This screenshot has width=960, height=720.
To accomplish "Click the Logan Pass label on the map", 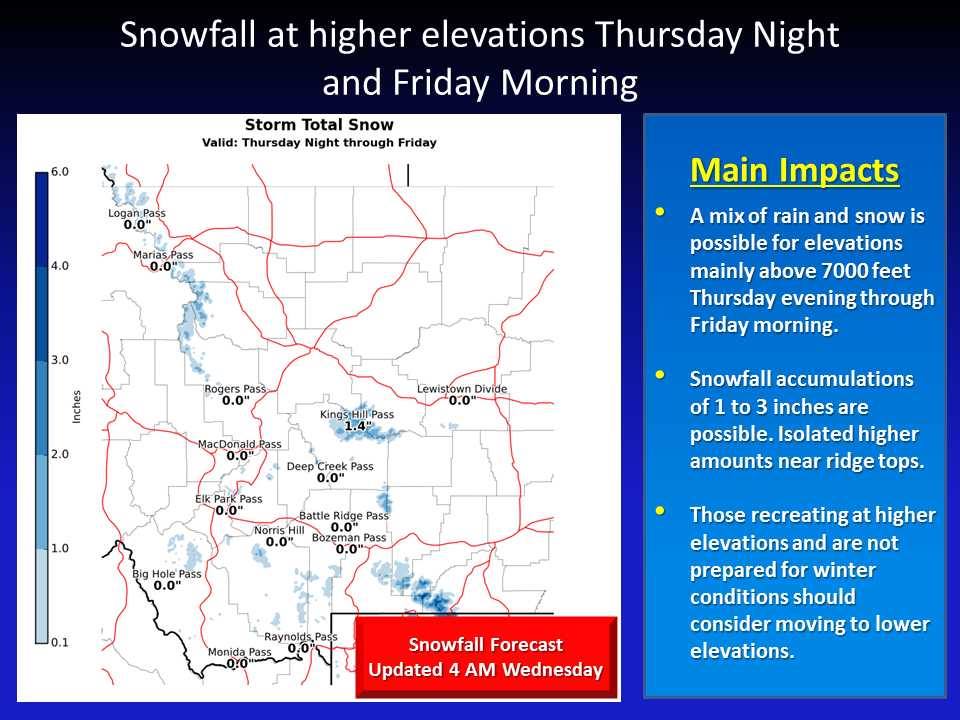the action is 137,213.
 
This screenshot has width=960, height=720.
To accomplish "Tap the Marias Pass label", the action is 163,255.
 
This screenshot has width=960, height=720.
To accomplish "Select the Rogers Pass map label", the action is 235,389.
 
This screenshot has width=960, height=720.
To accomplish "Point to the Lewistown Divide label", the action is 462,389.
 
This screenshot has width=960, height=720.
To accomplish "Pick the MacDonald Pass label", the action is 239,444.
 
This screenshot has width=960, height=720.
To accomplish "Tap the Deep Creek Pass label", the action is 330,467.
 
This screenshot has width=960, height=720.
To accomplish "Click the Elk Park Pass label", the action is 228,499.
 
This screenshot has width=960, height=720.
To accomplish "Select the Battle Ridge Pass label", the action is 343,516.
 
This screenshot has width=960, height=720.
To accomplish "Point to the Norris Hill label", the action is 279,530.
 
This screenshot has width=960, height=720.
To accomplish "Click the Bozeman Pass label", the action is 349,538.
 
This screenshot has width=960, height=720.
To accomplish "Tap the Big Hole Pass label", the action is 167,574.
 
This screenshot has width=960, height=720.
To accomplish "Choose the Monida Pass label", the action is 239,652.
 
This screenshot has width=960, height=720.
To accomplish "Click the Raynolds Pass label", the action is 301,637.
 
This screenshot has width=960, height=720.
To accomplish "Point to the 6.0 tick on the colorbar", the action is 59,171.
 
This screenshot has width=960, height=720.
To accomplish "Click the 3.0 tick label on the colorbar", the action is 59,360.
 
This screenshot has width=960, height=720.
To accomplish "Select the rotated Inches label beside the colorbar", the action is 77,407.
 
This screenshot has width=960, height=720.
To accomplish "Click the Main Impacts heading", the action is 795,170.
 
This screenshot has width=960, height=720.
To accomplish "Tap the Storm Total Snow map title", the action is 319,125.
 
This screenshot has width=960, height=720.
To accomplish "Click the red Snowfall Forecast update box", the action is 486,657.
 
